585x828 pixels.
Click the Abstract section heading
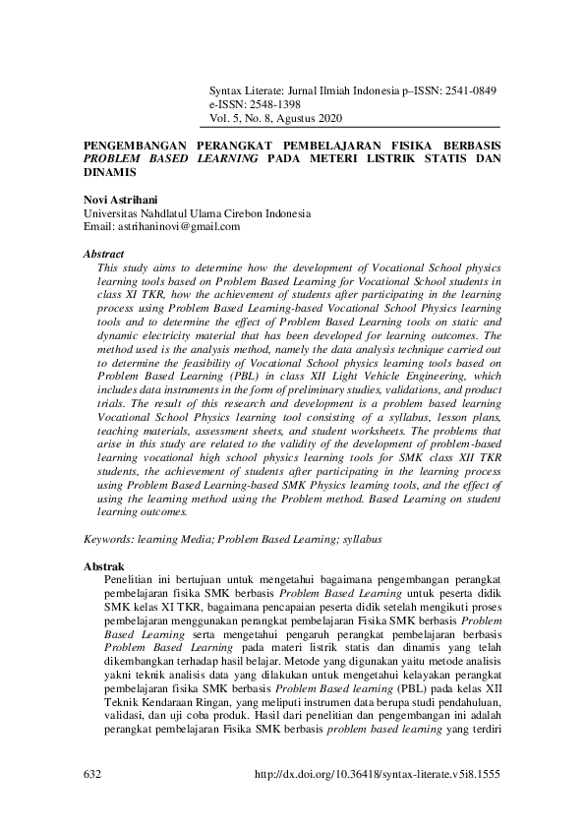click(104, 254)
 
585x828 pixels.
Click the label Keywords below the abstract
click(108, 540)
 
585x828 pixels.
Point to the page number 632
click(94, 774)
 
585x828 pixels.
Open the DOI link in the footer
click(377, 774)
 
